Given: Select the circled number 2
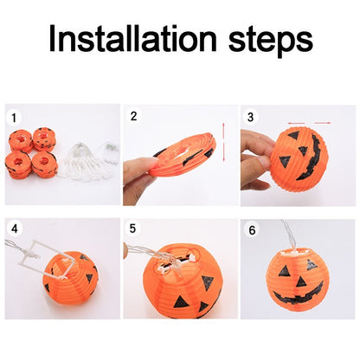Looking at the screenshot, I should coord(133,116).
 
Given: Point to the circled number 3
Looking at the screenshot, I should coord(251,116).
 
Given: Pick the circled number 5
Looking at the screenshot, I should coord(133,230).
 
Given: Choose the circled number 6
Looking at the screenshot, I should coord(251,230).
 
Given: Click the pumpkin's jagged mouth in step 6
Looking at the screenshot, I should coord(299,297).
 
